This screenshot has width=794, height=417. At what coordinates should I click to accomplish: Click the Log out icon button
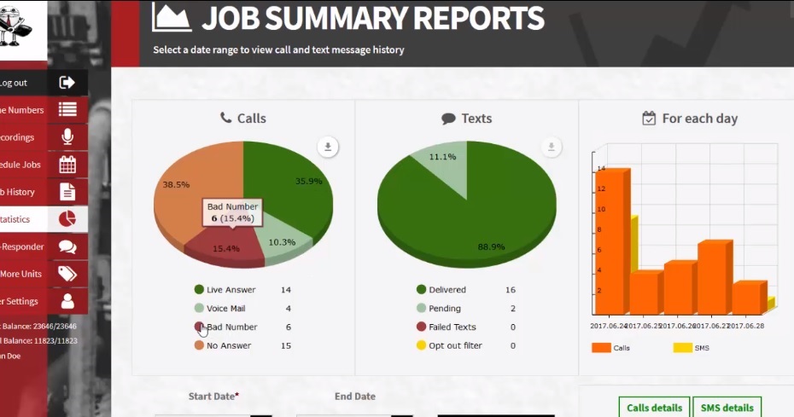click(67, 83)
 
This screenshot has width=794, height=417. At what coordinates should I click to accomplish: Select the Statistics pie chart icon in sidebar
click(67, 219)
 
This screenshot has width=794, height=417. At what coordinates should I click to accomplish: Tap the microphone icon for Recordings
click(67, 136)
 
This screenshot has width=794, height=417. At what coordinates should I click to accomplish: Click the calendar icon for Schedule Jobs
click(67, 165)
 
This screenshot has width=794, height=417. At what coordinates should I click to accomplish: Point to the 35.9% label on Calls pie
click(309, 181)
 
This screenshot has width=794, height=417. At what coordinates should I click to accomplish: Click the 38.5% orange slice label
click(176, 184)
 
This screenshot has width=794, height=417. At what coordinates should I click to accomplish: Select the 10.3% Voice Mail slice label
click(282, 242)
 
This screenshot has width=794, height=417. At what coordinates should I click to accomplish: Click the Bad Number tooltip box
click(232, 213)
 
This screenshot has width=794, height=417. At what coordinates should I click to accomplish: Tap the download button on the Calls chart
click(328, 148)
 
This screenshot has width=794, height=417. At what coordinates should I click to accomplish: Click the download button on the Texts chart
click(552, 148)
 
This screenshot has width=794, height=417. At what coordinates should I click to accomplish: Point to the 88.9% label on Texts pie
click(491, 246)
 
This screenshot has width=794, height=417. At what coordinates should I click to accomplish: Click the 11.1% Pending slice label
click(442, 157)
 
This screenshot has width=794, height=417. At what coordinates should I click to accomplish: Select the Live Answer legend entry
click(231, 290)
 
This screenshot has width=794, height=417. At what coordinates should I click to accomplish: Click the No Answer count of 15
click(286, 345)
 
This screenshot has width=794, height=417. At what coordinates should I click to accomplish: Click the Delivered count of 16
click(510, 290)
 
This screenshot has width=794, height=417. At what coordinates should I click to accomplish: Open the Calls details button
click(654, 408)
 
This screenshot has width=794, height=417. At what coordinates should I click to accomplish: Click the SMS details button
click(727, 408)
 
